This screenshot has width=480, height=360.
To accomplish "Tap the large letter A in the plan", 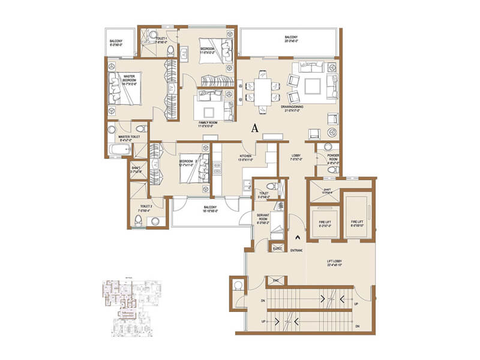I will tap(255, 128).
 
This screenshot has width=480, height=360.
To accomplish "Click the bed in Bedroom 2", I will tap(194, 169).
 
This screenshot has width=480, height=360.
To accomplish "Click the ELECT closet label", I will tap(277, 247).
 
